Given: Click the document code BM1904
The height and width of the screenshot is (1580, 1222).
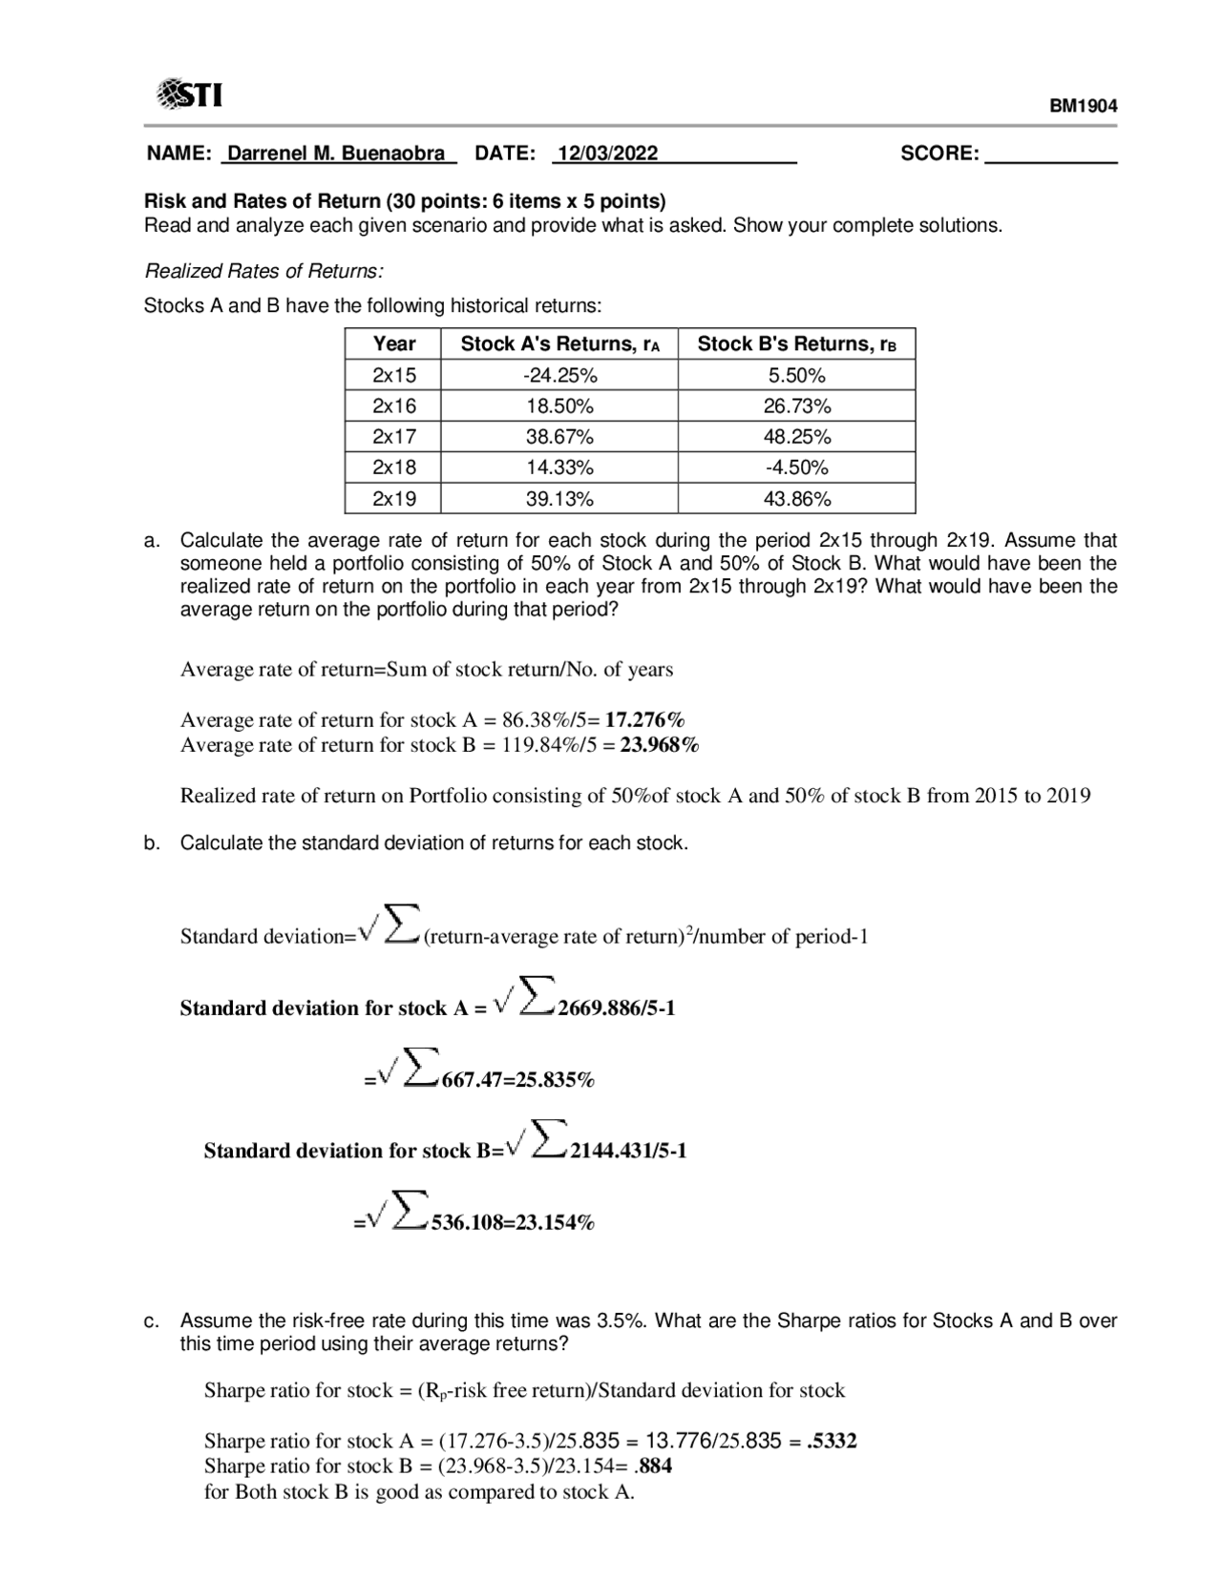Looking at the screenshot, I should click(x=1084, y=106).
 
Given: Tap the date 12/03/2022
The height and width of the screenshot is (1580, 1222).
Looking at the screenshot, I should click(x=608, y=154).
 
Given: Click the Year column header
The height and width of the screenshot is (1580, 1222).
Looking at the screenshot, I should click(x=393, y=343).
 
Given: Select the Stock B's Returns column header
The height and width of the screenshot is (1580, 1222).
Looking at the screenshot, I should click(x=796, y=343).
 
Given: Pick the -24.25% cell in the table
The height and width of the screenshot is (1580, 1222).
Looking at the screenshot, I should click(x=559, y=375).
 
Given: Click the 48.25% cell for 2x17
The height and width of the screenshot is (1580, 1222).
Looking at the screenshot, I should click(x=796, y=437).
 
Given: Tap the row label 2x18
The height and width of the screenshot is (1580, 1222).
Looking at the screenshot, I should click(x=393, y=468).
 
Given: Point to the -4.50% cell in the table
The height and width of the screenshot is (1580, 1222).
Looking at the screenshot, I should click(x=796, y=468).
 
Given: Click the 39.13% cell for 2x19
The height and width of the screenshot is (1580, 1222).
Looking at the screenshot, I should click(x=559, y=499).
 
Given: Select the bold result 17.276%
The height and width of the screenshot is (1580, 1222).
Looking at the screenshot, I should click(x=644, y=720).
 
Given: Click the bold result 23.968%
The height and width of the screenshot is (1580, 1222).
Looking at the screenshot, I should click(x=660, y=745).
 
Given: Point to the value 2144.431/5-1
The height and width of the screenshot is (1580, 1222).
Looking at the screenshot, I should click(x=628, y=1152).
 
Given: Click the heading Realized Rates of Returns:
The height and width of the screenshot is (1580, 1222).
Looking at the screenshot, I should click(x=263, y=272).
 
